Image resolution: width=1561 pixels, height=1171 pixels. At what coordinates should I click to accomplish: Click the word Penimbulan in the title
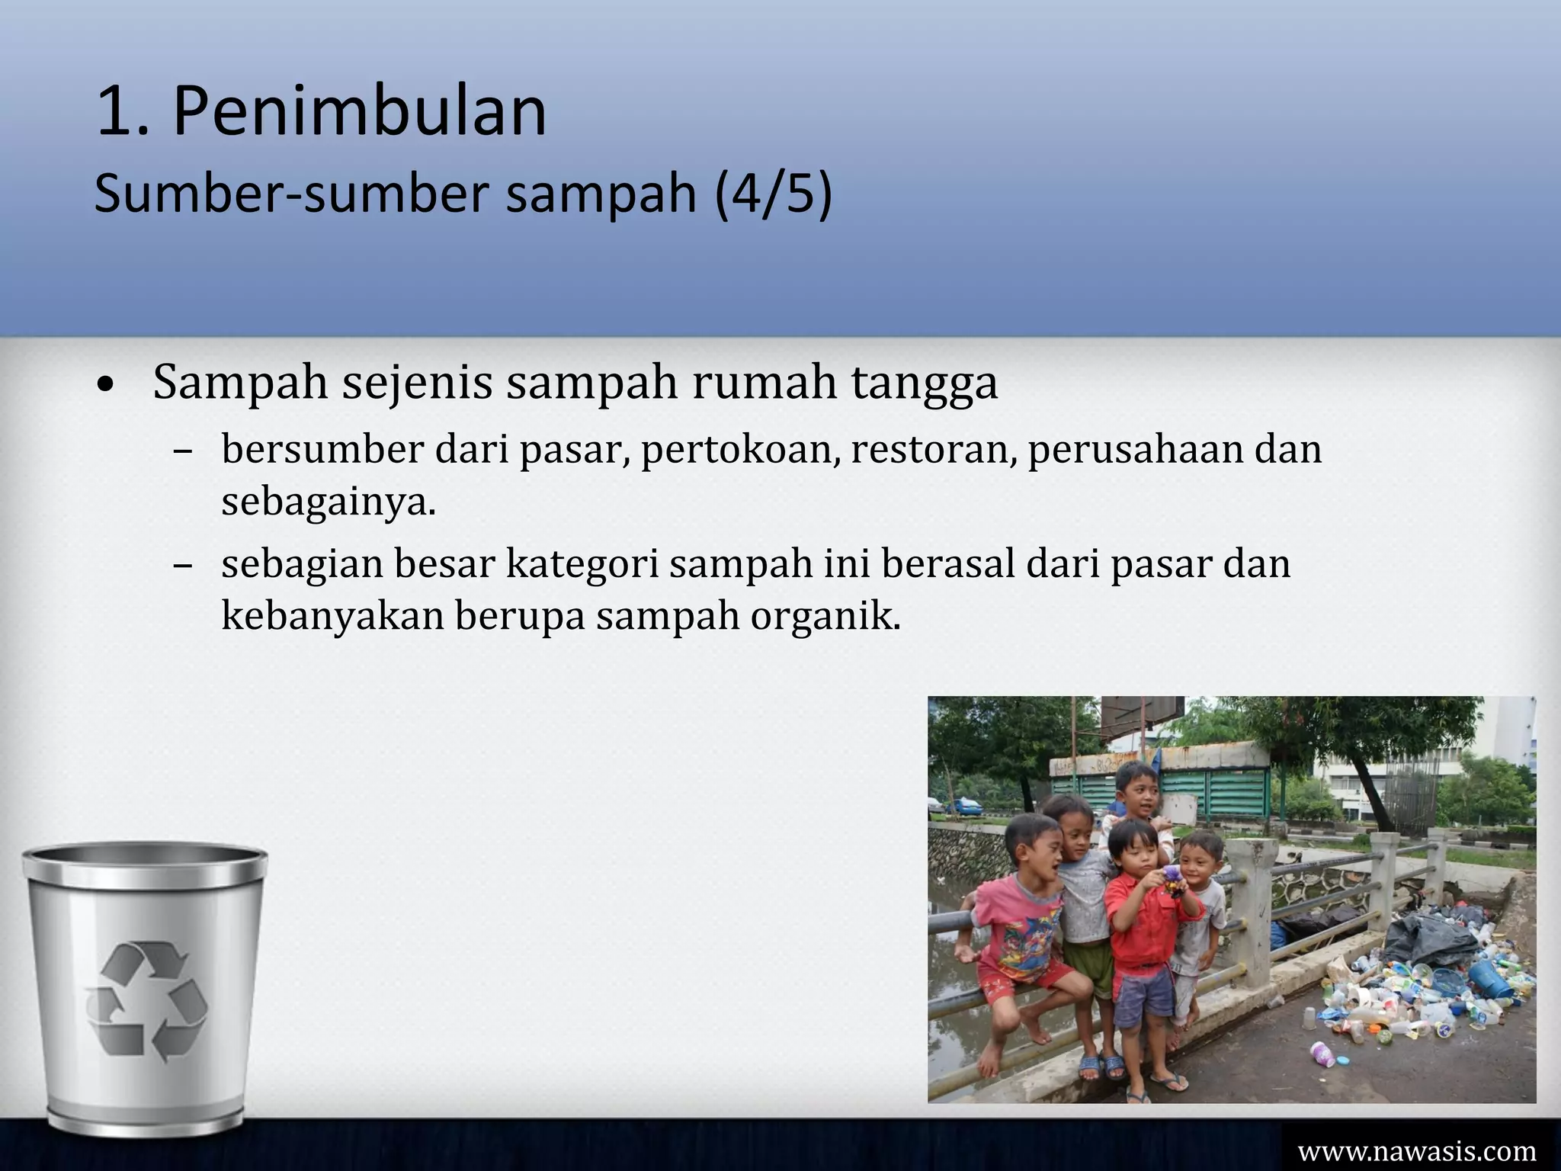coord(360,111)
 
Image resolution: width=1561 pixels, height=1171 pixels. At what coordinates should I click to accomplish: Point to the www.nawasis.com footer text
coord(1417,1150)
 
